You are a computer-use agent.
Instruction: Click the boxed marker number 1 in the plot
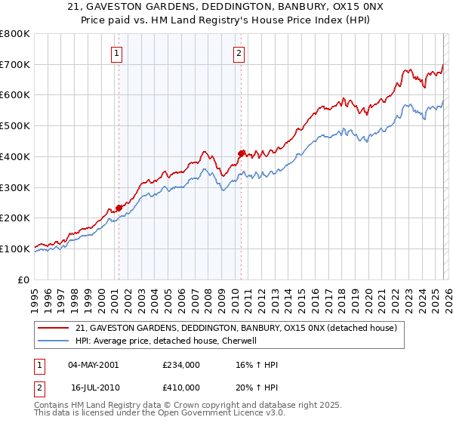119,53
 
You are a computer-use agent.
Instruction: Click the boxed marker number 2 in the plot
239,53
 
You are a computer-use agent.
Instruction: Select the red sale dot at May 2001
119,208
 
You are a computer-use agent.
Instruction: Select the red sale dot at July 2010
241,153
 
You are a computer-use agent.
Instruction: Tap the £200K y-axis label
15,218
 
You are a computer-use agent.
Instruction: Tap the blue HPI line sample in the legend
54,341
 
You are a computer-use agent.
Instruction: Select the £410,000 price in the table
181,386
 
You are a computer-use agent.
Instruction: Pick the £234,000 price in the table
181,365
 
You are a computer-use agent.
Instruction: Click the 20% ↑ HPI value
256,386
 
